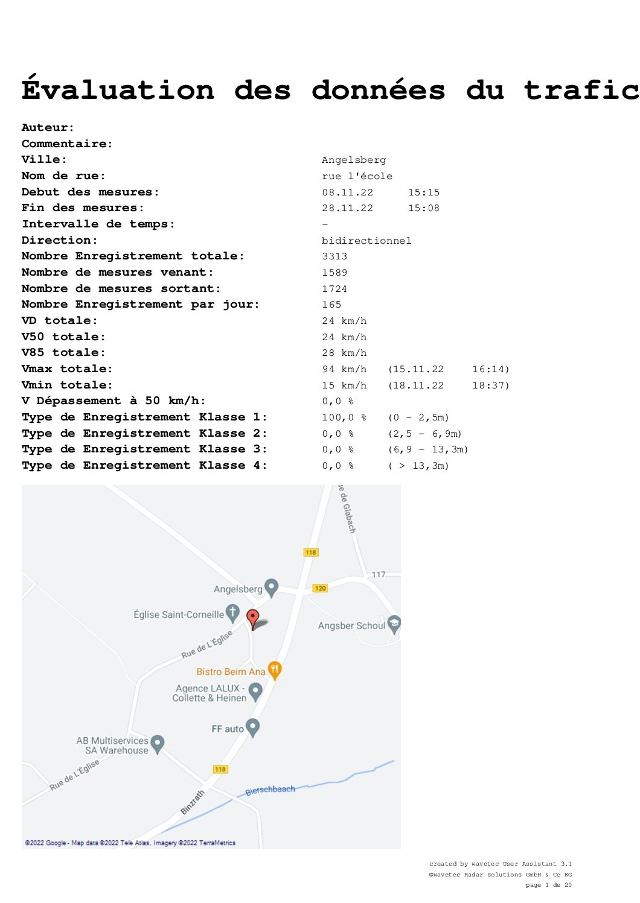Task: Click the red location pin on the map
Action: coord(252,619)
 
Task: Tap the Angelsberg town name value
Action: coord(353,160)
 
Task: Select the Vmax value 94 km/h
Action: coord(344,369)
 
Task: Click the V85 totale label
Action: coord(63,352)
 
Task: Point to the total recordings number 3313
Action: coord(334,256)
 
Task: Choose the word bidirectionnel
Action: coord(366,241)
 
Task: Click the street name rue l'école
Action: coord(357,176)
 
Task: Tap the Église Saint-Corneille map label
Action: coord(179,614)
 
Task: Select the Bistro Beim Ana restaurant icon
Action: coord(274,671)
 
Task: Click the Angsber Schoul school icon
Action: coord(394,624)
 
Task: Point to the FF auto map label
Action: coord(228,729)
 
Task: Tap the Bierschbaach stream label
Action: coord(270,790)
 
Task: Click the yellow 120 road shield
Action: coord(321,588)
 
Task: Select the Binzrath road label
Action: coord(193,802)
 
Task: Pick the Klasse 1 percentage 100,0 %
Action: coord(344,417)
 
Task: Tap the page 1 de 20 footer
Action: coord(548,884)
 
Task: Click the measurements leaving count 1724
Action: coord(334,289)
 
